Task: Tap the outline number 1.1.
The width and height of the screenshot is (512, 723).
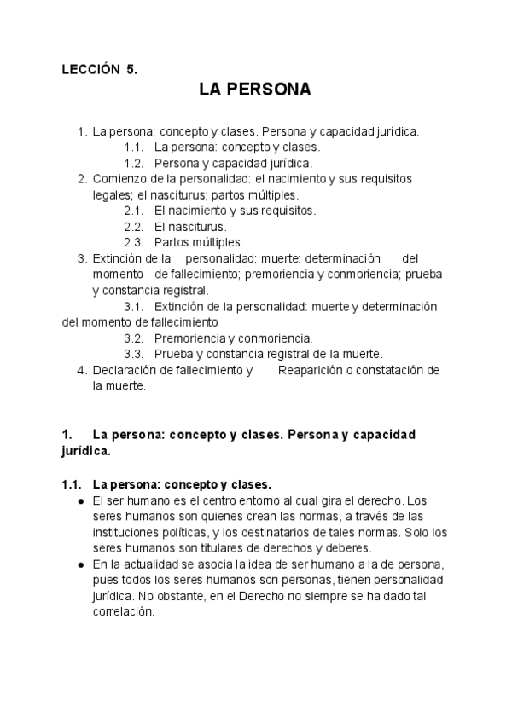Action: pos(133,147)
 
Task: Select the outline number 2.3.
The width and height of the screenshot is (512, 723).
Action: pos(133,241)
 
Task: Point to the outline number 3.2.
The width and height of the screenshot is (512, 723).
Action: pos(133,338)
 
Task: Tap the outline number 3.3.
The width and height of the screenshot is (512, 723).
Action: pos(133,353)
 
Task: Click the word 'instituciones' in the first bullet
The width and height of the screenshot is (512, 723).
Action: pos(126,532)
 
